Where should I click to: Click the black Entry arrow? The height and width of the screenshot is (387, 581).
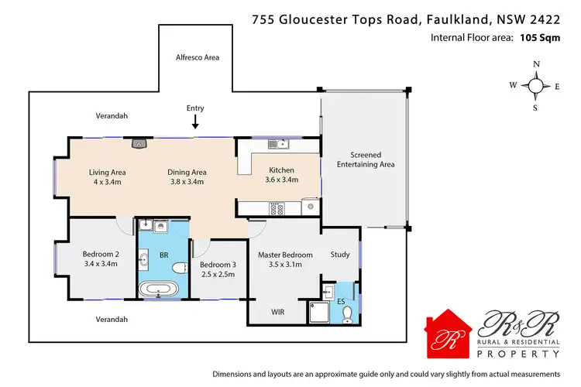pyautogui.click(x=195, y=122)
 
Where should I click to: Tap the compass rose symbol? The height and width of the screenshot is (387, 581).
pyautogui.click(x=535, y=87)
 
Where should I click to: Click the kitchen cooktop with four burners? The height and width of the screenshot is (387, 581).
pyautogui.click(x=277, y=207)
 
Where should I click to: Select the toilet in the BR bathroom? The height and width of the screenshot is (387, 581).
pyautogui.click(x=180, y=269)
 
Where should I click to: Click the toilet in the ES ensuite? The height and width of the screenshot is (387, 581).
pyautogui.click(x=348, y=313)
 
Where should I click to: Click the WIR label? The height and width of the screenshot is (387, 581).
pyautogui.click(x=277, y=313)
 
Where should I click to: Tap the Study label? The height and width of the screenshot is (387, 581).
pyautogui.click(x=339, y=255)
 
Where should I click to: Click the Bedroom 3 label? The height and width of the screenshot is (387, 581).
pyautogui.click(x=218, y=265)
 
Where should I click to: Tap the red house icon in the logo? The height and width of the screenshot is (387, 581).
pyautogui.click(x=451, y=334)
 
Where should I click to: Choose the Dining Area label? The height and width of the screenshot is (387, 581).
pyautogui.click(x=187, y=172)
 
